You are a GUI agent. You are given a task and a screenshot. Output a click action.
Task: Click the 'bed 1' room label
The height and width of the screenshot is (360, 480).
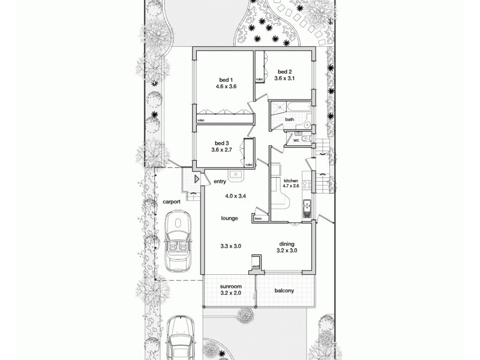pyautogui.click(x=226, y=80)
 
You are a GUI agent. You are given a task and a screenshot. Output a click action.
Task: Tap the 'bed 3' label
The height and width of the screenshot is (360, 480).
pyautogui.click(x=221, y=143)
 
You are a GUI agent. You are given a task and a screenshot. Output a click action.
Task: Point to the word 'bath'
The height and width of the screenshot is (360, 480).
pyautogui.click(x=289, y=119)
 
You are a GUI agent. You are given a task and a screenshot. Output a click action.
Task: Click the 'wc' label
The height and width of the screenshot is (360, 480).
pyautogui.click(x=296, y=140)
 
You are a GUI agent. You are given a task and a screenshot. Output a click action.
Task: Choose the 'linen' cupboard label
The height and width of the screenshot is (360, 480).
pyautogui.click(x=258, y=219)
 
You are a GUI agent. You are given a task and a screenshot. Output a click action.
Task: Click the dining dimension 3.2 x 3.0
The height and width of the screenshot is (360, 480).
pyautogui.click(x=287, y=250)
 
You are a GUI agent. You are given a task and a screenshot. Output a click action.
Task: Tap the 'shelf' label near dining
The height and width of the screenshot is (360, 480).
pyautogui.click(x=255, y=266)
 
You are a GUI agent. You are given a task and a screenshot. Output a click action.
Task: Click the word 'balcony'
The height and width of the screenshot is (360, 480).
pyautogui.click(x=283, y=291)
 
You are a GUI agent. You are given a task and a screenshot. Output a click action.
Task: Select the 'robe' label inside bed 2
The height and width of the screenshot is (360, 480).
pyautogui.click(x=260, y=79)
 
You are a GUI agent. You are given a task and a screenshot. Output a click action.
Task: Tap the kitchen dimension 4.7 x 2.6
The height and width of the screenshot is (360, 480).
pyautogui.click(x=291, y=186)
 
